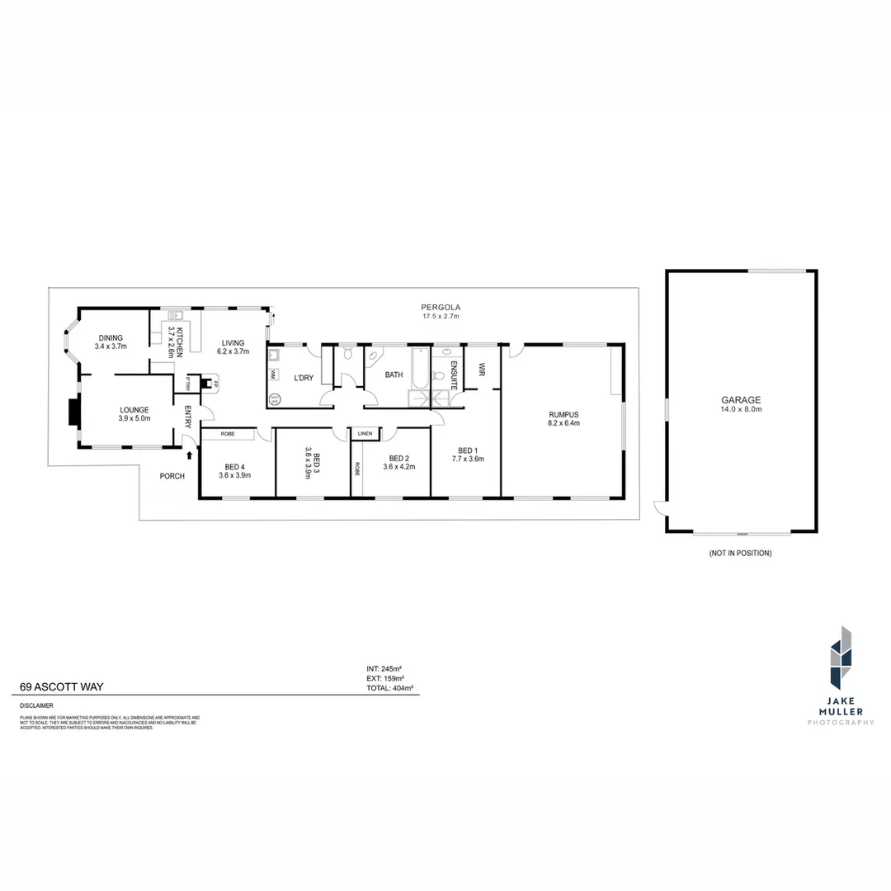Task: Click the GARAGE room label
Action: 740,399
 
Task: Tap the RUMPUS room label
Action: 564,414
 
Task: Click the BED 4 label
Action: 234,466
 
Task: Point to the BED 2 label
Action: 398,459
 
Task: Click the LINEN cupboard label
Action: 365,433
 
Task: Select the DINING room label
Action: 111,337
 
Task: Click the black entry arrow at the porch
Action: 191,455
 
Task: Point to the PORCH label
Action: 172,476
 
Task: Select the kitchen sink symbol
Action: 175,314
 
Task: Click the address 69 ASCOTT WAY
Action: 62,686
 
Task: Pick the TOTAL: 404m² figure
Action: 389,686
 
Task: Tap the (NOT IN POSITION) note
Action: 740,554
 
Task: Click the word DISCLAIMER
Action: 37,705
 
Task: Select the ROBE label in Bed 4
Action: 228,433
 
